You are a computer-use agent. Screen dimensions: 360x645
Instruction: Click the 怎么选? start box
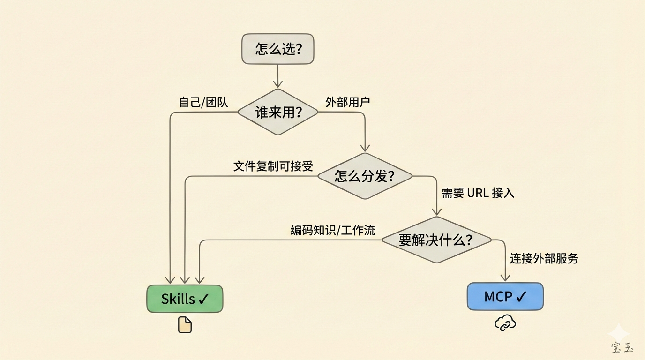pos(277,49)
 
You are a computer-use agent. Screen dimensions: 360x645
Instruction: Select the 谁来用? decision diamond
pos(278,112)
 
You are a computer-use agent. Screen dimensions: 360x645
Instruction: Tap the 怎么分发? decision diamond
pos(365,176)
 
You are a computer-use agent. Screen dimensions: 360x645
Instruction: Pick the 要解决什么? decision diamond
pos(436,240)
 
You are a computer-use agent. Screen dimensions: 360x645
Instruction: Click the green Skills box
pos(185,299)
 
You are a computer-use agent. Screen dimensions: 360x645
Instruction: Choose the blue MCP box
pos(505,296)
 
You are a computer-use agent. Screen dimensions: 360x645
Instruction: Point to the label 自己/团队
pos(203,102)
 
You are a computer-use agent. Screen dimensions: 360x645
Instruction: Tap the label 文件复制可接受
pos(273,166)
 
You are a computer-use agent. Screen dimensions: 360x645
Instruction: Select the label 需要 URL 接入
pos(478,193)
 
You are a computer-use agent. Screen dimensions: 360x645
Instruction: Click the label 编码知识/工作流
pos(333,230)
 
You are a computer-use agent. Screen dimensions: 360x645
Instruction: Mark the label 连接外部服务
pos(544,258)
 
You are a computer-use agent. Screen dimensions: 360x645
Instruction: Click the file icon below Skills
pos(185,325)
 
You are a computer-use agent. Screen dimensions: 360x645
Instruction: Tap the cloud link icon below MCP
pos(505,323)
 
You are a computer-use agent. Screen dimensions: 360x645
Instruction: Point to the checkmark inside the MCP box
pos(521,296)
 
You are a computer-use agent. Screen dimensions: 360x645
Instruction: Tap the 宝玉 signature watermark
pos(622,347)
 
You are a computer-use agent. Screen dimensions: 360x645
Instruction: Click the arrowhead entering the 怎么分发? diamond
pos(365,148)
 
